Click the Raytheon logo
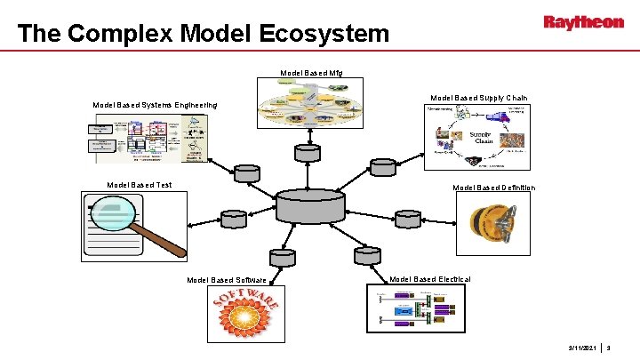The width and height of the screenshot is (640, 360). click(x=583, y=23)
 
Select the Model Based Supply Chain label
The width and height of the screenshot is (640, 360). click(x=478, y=98)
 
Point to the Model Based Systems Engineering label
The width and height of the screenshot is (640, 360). click(x=156, y=106)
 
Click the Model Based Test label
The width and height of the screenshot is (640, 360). click(x=139, y=185)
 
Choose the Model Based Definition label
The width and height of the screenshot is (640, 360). click(x=493, y=188)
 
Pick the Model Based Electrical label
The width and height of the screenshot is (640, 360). click(x=430, y=279)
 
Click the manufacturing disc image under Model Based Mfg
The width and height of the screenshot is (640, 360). click(x=309, y=105)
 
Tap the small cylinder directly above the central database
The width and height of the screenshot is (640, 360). click(x=308, y=152)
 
